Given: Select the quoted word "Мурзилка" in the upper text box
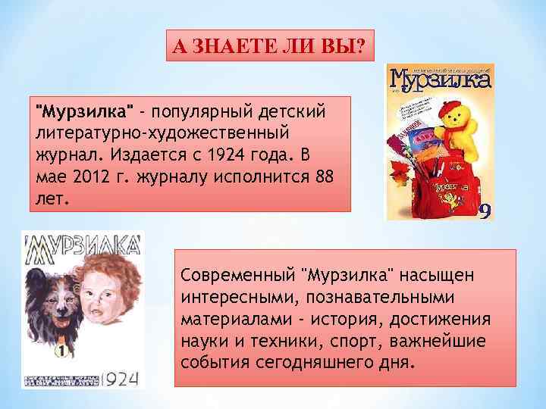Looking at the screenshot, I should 86,113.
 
